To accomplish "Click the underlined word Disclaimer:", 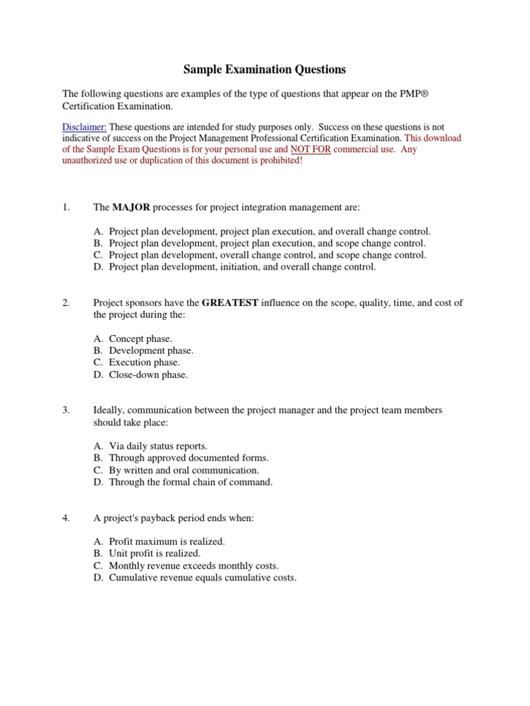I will [84, 127].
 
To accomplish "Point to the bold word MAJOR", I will [131, 208].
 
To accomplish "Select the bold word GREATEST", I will [230, 303].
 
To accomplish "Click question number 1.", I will [66, 208].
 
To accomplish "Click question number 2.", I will [66, 303].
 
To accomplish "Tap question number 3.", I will [66, 410].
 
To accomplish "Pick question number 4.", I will [66, 518].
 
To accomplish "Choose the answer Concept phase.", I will [140, 339].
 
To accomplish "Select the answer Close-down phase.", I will [148, 374].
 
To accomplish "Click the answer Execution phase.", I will [144, 363].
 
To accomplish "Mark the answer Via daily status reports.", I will [157, 446].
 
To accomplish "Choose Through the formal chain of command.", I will [190, 482].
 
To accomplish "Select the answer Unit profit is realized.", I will [155, 554].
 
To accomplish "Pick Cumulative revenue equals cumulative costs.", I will [202, 578].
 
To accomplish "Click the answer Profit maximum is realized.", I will [166, 542].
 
